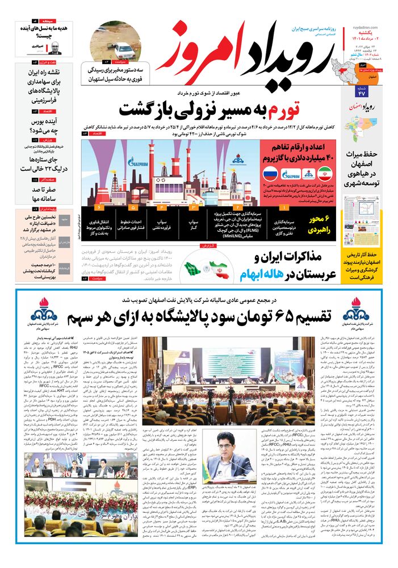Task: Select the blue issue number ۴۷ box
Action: (362, 93)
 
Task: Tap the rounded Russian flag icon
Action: (270, 174)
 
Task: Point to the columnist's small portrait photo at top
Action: (55, 48)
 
